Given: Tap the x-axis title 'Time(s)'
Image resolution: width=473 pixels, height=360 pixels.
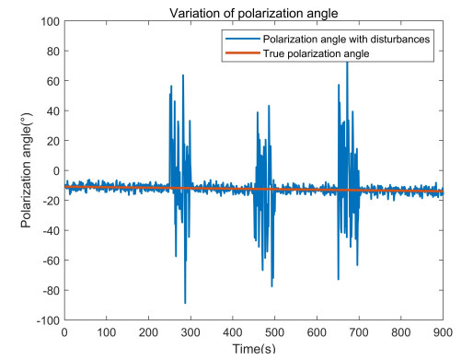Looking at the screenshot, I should point(253,351).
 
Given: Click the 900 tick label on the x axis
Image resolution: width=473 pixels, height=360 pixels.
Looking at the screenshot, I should point(443,333).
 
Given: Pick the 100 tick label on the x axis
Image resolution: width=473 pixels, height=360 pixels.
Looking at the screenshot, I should point(106,333).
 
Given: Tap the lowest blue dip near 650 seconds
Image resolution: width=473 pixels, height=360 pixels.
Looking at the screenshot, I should point(338,278).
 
